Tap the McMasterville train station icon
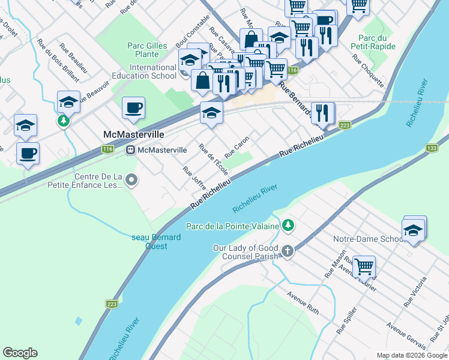point(130,149)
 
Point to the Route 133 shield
point(431,148)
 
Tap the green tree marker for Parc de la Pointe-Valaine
point(289,226)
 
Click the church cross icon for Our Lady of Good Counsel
point(288,250)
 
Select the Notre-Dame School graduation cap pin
point(413,230)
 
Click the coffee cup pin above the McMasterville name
point(133,109)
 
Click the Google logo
point(20,353)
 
